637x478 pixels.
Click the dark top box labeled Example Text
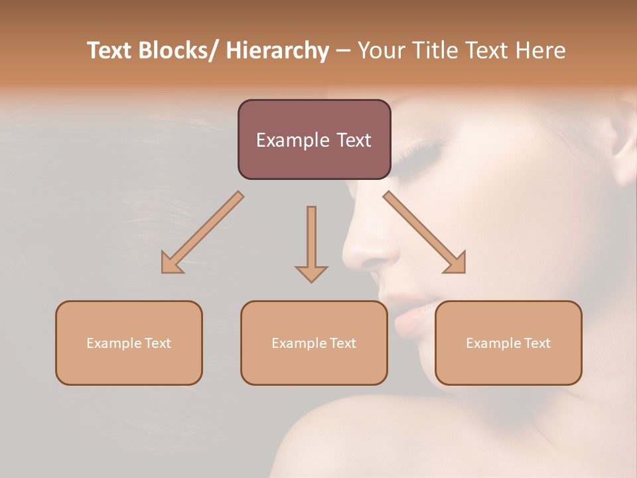pyautogui.click(x=314, y=139)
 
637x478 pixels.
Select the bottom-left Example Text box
pyautogui.click(x=129, y=343)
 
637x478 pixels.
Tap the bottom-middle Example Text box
pyautogui.click(x=314, y=343)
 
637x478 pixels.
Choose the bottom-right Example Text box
pyautogui.click(x=508, y=343)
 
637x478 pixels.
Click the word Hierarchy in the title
pyautogui.click(x=277, y=51)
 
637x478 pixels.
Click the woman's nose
pyautogui.click(x=368, y=249)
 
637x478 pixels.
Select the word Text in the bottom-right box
pyautogui.click(x=536, y=343)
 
